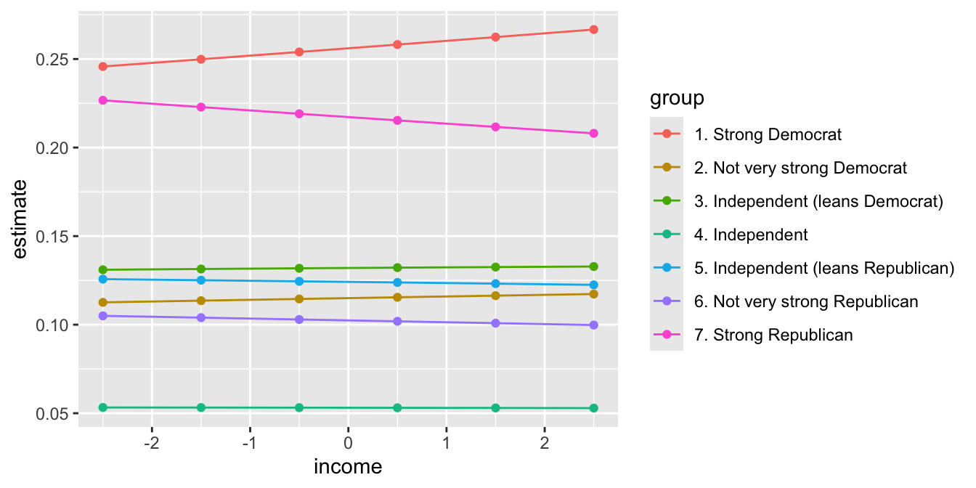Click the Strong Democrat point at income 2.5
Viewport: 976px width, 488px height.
point(593,30)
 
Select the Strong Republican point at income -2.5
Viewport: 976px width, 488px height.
point(103,100)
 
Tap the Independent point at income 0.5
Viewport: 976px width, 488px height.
point(397,408)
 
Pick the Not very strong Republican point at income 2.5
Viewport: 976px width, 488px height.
point(593,325)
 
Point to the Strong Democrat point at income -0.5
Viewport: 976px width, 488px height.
point(299,52)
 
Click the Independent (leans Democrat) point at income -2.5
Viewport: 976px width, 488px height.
point(103,270)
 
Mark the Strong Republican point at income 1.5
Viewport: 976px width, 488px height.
point(495,127)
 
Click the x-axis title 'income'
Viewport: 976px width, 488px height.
point(348,467)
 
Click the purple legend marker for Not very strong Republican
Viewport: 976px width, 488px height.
point(667,302)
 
